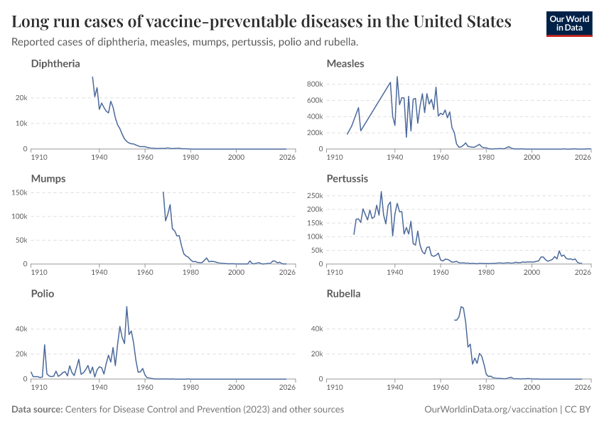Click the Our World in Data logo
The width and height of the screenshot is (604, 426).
click(x=568, y=23)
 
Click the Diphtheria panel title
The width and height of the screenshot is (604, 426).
click(x=55, y=64)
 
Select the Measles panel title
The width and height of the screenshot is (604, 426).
click(x=345, y=64)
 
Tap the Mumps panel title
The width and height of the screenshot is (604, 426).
click(x=48, y=179)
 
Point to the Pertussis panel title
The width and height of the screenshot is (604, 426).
click(x=346, y=179)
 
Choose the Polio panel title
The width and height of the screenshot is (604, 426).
click(x=43, y=293)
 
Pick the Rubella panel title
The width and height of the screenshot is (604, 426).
click(x=343, y=293)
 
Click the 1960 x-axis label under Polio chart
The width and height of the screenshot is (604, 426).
click(x=145, y=388)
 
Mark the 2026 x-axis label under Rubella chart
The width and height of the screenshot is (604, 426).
click(x=583, y=388)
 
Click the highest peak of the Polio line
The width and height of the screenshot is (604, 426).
click(x=126, y=307)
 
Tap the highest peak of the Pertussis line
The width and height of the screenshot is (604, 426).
click(x=381, y=192)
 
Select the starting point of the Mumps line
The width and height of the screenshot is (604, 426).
click(x=163, y=192)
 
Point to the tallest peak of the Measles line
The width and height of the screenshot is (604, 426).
click(x=397, y=77)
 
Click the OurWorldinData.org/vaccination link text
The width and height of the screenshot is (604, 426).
click(x=490, y=410)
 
